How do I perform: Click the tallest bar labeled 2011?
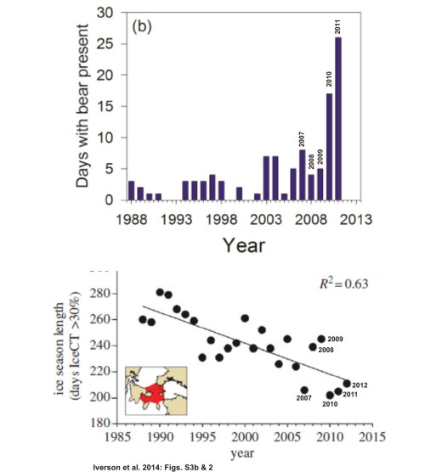pyautogui.click(x=339, y=119)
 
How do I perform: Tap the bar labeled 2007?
pyautogui.click(x=303, y=175)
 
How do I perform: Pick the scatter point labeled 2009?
pyautogui.click(x=321, y=339)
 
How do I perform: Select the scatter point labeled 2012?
pyautogui.click(x=346, y=383)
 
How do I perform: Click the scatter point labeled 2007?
pyautogui.click(x=304, y=390)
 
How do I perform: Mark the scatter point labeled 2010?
pyautogui.click(x=330, y=395)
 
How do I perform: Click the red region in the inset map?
pyautogui.click(x=155, y=392)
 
